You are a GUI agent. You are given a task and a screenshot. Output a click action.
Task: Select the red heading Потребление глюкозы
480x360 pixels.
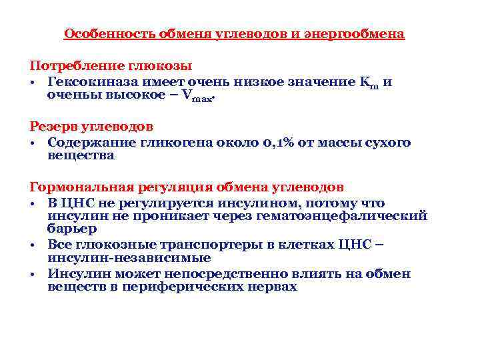[111, 66]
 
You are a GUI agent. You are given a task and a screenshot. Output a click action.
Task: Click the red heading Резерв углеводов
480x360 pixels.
[91, 127]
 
